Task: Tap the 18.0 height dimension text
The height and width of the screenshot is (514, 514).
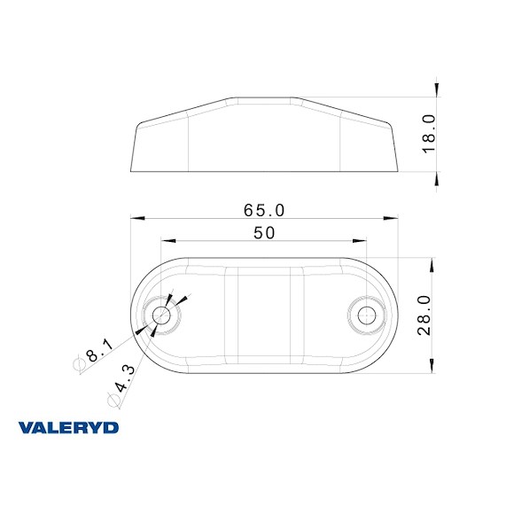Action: tap(429, 133)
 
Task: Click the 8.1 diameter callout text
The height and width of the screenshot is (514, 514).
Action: tap(99, 348)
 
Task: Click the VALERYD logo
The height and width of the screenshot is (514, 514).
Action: tap(68, 428)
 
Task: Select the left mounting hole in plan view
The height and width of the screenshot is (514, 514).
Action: tap(162, 315)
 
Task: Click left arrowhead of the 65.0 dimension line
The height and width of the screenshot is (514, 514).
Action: tap(135, 218)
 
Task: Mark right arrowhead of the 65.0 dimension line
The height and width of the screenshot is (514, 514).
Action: tap(393, 218)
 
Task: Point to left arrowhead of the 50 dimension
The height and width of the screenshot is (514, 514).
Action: tap(165, 240)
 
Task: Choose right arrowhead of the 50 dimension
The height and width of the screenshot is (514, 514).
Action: tap(362, 240)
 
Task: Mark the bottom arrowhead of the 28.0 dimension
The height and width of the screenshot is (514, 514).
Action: tap(432, 368)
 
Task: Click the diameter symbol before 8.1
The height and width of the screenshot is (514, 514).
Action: tap(80, 364)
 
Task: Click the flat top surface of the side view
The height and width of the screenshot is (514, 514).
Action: tap(263, 98)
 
